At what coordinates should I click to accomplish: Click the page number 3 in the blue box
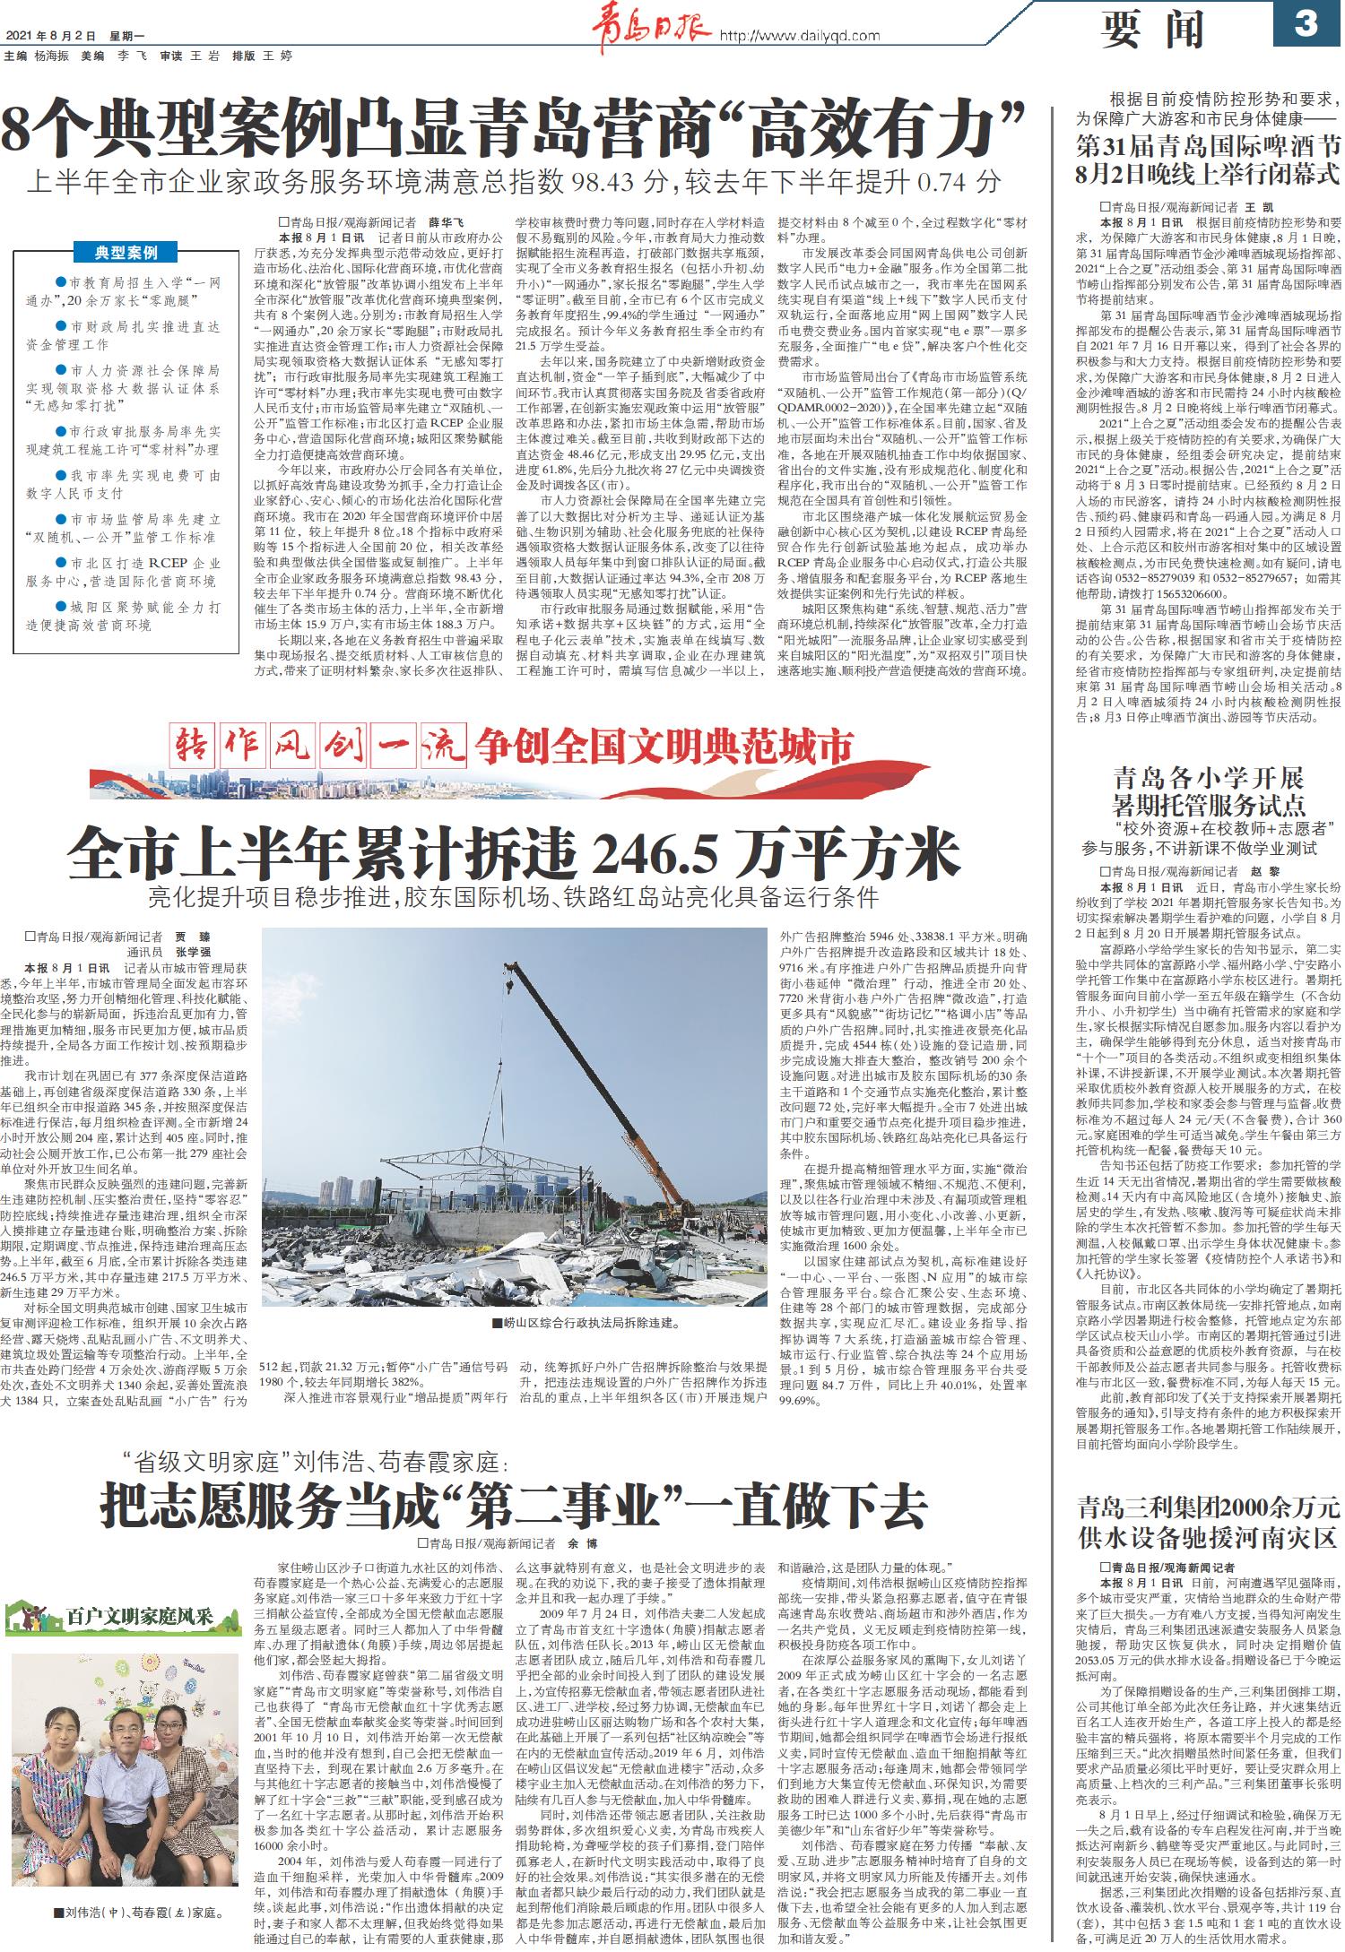pyautogui.click(x=1306, y=24)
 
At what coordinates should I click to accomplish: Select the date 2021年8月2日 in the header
pyautogui.click(x=50, y=36)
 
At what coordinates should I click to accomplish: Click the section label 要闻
pyautogui.click(x=1153, y=30)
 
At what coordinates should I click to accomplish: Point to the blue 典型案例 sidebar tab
pyautogui.click(x=126, y=253)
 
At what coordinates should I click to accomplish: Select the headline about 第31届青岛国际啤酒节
pyautogui.click(x=1208, y=159)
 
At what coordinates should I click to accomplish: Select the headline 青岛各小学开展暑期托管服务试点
pyautogui.click(x=1208, y=790)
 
